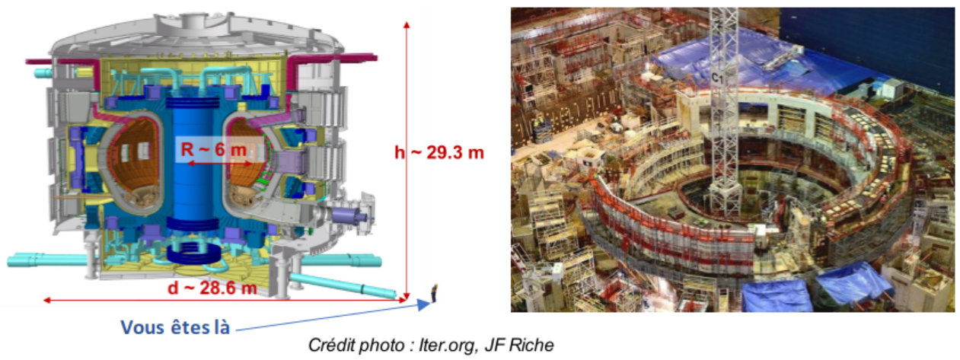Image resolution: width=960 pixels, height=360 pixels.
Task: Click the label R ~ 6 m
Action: tap(213, 150)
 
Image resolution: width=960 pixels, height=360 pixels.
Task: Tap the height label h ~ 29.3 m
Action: tap(439, 152)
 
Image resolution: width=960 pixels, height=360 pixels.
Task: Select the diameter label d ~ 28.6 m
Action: tap(212, 288)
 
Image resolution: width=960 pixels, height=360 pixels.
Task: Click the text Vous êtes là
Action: tap(175, 327)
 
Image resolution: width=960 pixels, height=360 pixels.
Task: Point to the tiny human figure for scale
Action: tap(434, 294)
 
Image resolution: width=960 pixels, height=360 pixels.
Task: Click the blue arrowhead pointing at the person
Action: tap(424, 304)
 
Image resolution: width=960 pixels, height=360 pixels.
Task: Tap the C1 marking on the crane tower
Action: tap(717, 78)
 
